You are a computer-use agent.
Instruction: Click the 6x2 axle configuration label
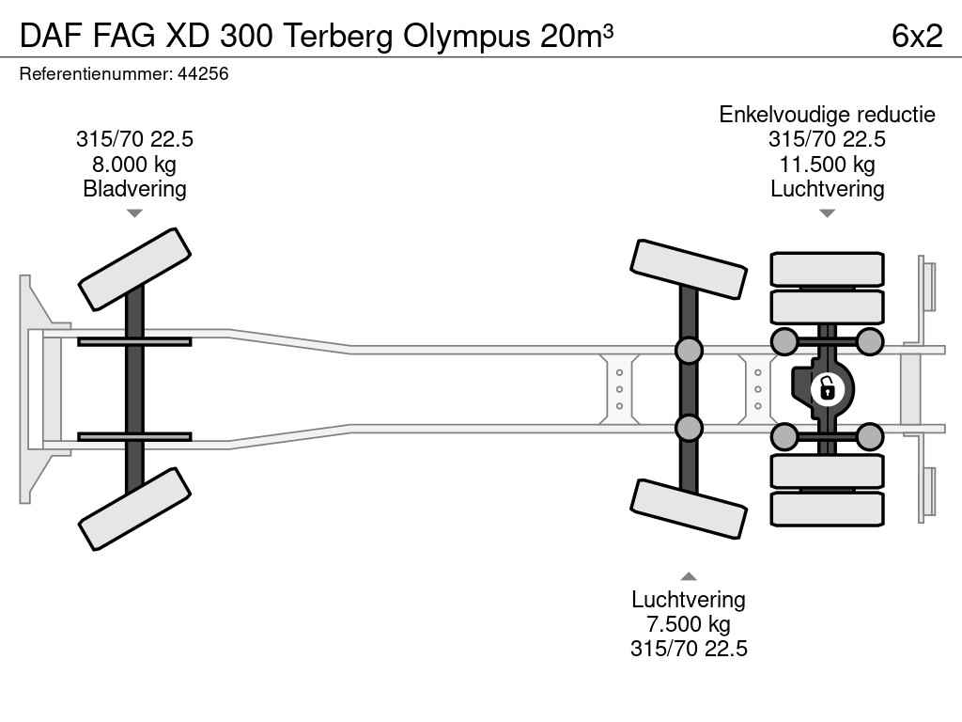(x=917, y=36)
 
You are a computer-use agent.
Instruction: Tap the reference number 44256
(x=203, y=73)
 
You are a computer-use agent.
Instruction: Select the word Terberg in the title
(x=338, y=37)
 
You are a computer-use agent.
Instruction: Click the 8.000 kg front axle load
(x=134, y=165)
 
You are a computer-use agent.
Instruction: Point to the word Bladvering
(x=134, y=189)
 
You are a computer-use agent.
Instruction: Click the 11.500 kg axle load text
(x=827, y=165)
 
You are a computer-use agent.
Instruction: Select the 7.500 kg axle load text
(x=689, y=624)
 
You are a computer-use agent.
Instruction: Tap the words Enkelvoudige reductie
(x=827, y=115)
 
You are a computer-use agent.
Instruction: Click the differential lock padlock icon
(x=827, y=388)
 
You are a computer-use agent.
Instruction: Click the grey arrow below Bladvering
(x=134, y=213)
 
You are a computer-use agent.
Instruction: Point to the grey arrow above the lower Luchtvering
(x=689, y=576)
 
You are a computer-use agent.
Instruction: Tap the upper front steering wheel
(x=134, y=270)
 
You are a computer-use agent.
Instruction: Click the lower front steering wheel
(x=134, y=509)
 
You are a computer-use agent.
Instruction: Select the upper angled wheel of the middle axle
(x=689, y=270)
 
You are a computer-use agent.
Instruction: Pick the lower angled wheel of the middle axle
(x=689, y=510)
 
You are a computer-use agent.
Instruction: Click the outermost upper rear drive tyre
(x=827, y=269)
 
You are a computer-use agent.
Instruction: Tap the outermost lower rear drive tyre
(x=827, y=509)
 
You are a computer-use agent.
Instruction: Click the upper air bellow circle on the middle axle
(x=689, y=350)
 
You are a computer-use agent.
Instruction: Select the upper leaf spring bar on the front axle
(x=134, y=341)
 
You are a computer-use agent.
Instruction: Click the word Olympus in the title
(x=466, y=37)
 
